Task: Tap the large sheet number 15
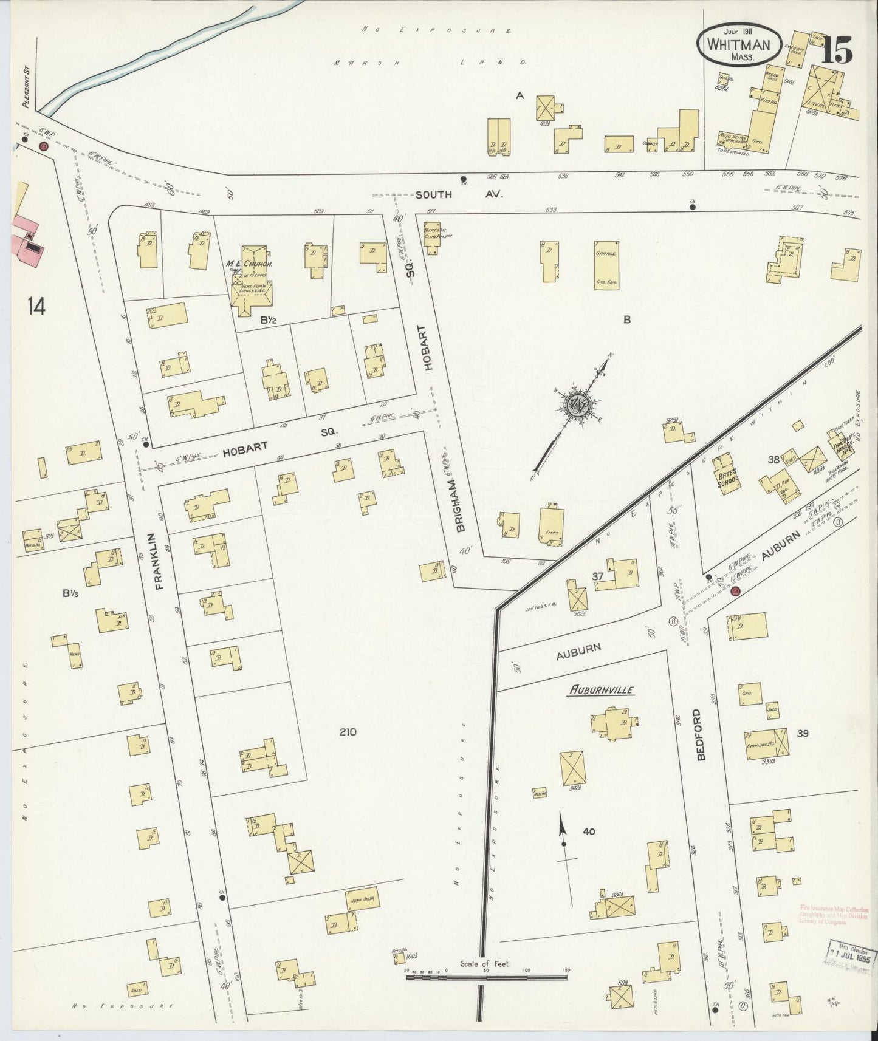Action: [837, 50]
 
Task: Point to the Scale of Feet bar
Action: [485, 977]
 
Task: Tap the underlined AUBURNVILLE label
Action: [602, 690]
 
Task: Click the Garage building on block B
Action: [606, 265]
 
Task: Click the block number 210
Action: [348, 732]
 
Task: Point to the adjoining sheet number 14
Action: [36, 307]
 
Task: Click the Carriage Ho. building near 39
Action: [766, 741]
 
